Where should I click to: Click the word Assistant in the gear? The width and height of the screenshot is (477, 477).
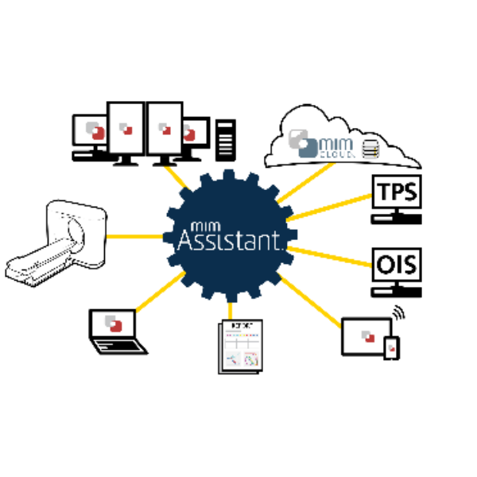point(229,238)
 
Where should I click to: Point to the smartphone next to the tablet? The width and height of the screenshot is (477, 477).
point(390,347)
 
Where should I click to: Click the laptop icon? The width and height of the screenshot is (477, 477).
point(117,332)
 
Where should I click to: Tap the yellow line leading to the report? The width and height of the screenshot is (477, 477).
point(231,311)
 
